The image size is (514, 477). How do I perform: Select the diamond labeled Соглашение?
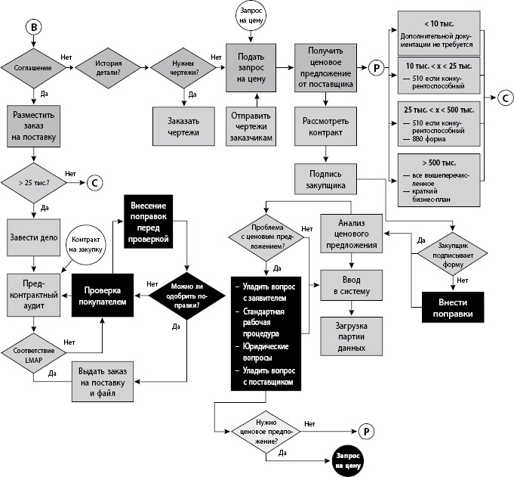[32, 68]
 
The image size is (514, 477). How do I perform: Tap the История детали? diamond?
[109, 68]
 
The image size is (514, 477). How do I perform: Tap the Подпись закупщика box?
[325, 179]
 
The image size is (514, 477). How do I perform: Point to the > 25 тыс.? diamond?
[32, 181]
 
